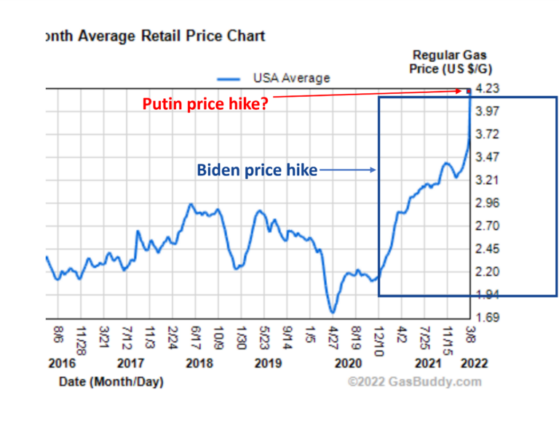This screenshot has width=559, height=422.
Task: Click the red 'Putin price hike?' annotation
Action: point(205,104)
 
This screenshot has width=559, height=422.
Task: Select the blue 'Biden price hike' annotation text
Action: point(257,170)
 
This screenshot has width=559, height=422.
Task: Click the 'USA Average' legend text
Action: point(291,78)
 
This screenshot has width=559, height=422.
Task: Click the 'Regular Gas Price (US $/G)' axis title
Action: point(449,62)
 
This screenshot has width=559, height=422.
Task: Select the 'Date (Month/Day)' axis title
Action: point(111,381)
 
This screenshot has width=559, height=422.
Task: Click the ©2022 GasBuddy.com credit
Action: point(414,381)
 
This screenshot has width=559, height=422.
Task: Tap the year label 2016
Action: point(60,363)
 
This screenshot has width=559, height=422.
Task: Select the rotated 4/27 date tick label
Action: point(333,338)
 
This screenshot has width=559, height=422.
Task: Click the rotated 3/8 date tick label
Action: point(471,335)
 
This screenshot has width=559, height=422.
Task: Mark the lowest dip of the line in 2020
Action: point(333,313)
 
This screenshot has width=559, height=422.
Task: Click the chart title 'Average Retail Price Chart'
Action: point(155,36)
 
